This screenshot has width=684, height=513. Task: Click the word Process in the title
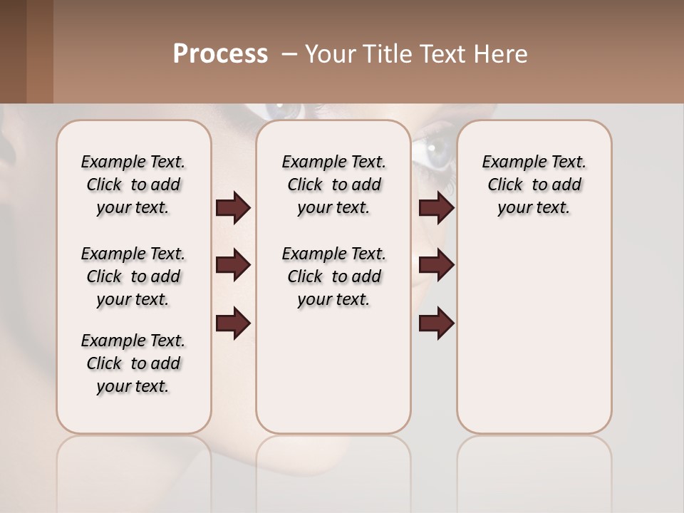click(220, 54)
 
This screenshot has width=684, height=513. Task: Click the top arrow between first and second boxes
click(233, 208)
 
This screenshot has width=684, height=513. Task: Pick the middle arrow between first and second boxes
click(233, 265)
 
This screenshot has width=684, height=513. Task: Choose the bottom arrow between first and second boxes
click(233, 323)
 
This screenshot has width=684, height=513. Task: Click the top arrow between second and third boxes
click(436, 208)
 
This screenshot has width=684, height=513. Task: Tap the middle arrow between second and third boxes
click(436, 265)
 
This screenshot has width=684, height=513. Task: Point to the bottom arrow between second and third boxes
click(436, 323)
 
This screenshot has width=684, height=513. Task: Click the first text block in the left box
click(133, 185)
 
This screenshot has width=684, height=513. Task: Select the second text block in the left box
click(133, 276)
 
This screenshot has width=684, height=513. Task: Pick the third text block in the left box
click(133, 363)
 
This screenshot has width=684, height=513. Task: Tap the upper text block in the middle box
click(333, 185)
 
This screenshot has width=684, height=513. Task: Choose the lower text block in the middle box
click(333, 276)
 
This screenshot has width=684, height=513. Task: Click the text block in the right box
click(534, 185)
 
